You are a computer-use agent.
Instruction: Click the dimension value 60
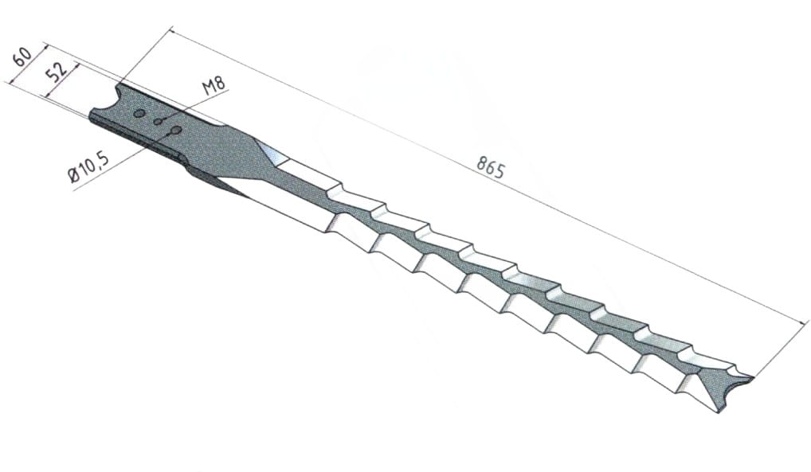point(24,57)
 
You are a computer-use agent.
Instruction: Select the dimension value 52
point(57,74)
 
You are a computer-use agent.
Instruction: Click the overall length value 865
point(490,169)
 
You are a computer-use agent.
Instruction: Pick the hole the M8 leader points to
point(159,122)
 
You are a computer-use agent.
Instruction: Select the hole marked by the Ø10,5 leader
point(176,129)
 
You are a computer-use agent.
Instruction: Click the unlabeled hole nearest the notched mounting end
point(139,113)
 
